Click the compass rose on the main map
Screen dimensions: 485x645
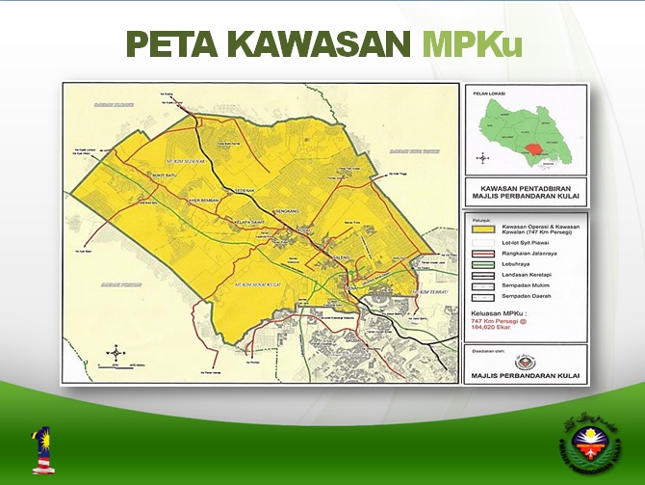coord(116,353)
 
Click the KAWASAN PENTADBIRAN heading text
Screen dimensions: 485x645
coord(525,187)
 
